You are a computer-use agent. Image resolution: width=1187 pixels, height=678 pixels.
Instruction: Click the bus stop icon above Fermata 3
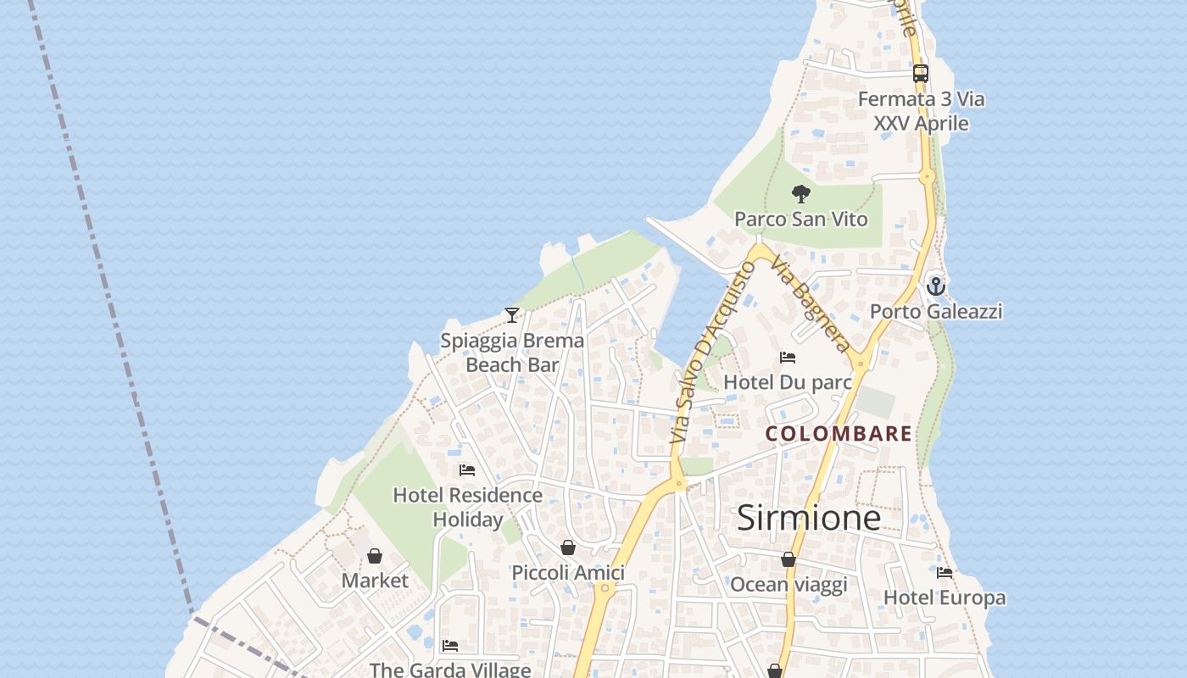tap(921, 74)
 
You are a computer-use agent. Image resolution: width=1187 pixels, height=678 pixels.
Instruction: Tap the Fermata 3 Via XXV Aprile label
tap(921, 111)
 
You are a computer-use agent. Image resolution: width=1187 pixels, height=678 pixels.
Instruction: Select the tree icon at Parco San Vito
tap(800, 195)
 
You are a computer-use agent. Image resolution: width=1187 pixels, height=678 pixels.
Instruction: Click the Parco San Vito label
tap(800, 220)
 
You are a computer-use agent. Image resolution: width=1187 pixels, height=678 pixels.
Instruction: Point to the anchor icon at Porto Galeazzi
tap(935, 286)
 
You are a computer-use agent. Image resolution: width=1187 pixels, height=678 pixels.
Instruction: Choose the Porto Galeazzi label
tap(935, 312)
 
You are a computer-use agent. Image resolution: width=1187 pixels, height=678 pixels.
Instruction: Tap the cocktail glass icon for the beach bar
tap(512, 315)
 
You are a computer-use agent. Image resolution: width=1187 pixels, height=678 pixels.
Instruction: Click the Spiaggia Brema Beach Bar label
tap(512, 353)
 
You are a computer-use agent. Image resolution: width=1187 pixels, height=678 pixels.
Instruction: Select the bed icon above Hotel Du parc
tap(788, 358)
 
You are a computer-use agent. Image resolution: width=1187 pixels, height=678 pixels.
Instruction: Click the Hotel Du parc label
tap(787, 382)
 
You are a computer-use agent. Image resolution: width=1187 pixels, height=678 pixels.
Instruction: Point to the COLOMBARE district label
tap(839, 434)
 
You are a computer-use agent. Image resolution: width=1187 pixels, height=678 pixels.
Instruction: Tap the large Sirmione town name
tap(808, 518)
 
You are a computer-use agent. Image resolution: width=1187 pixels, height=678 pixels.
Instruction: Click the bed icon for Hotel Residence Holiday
tap(467, 470)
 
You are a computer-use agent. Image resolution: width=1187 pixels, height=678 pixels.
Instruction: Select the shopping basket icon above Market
tap(375, 556)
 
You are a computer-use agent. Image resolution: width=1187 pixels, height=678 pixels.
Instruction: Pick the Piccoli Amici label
tap(568, 573)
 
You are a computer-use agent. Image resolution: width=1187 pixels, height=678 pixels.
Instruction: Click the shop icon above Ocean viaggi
tap(789, 559)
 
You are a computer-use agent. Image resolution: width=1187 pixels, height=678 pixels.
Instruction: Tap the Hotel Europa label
tap(945, 597)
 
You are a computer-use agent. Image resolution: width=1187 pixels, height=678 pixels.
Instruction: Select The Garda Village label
tap(450, 670)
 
